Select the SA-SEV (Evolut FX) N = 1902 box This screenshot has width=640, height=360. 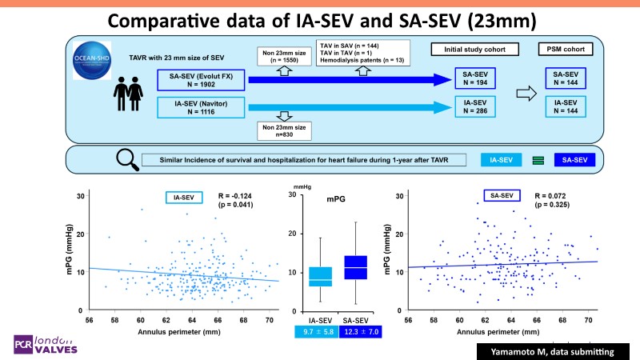[199, 80]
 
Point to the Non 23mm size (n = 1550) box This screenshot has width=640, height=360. [285, 57]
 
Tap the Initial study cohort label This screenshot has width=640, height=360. [473, 49]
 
